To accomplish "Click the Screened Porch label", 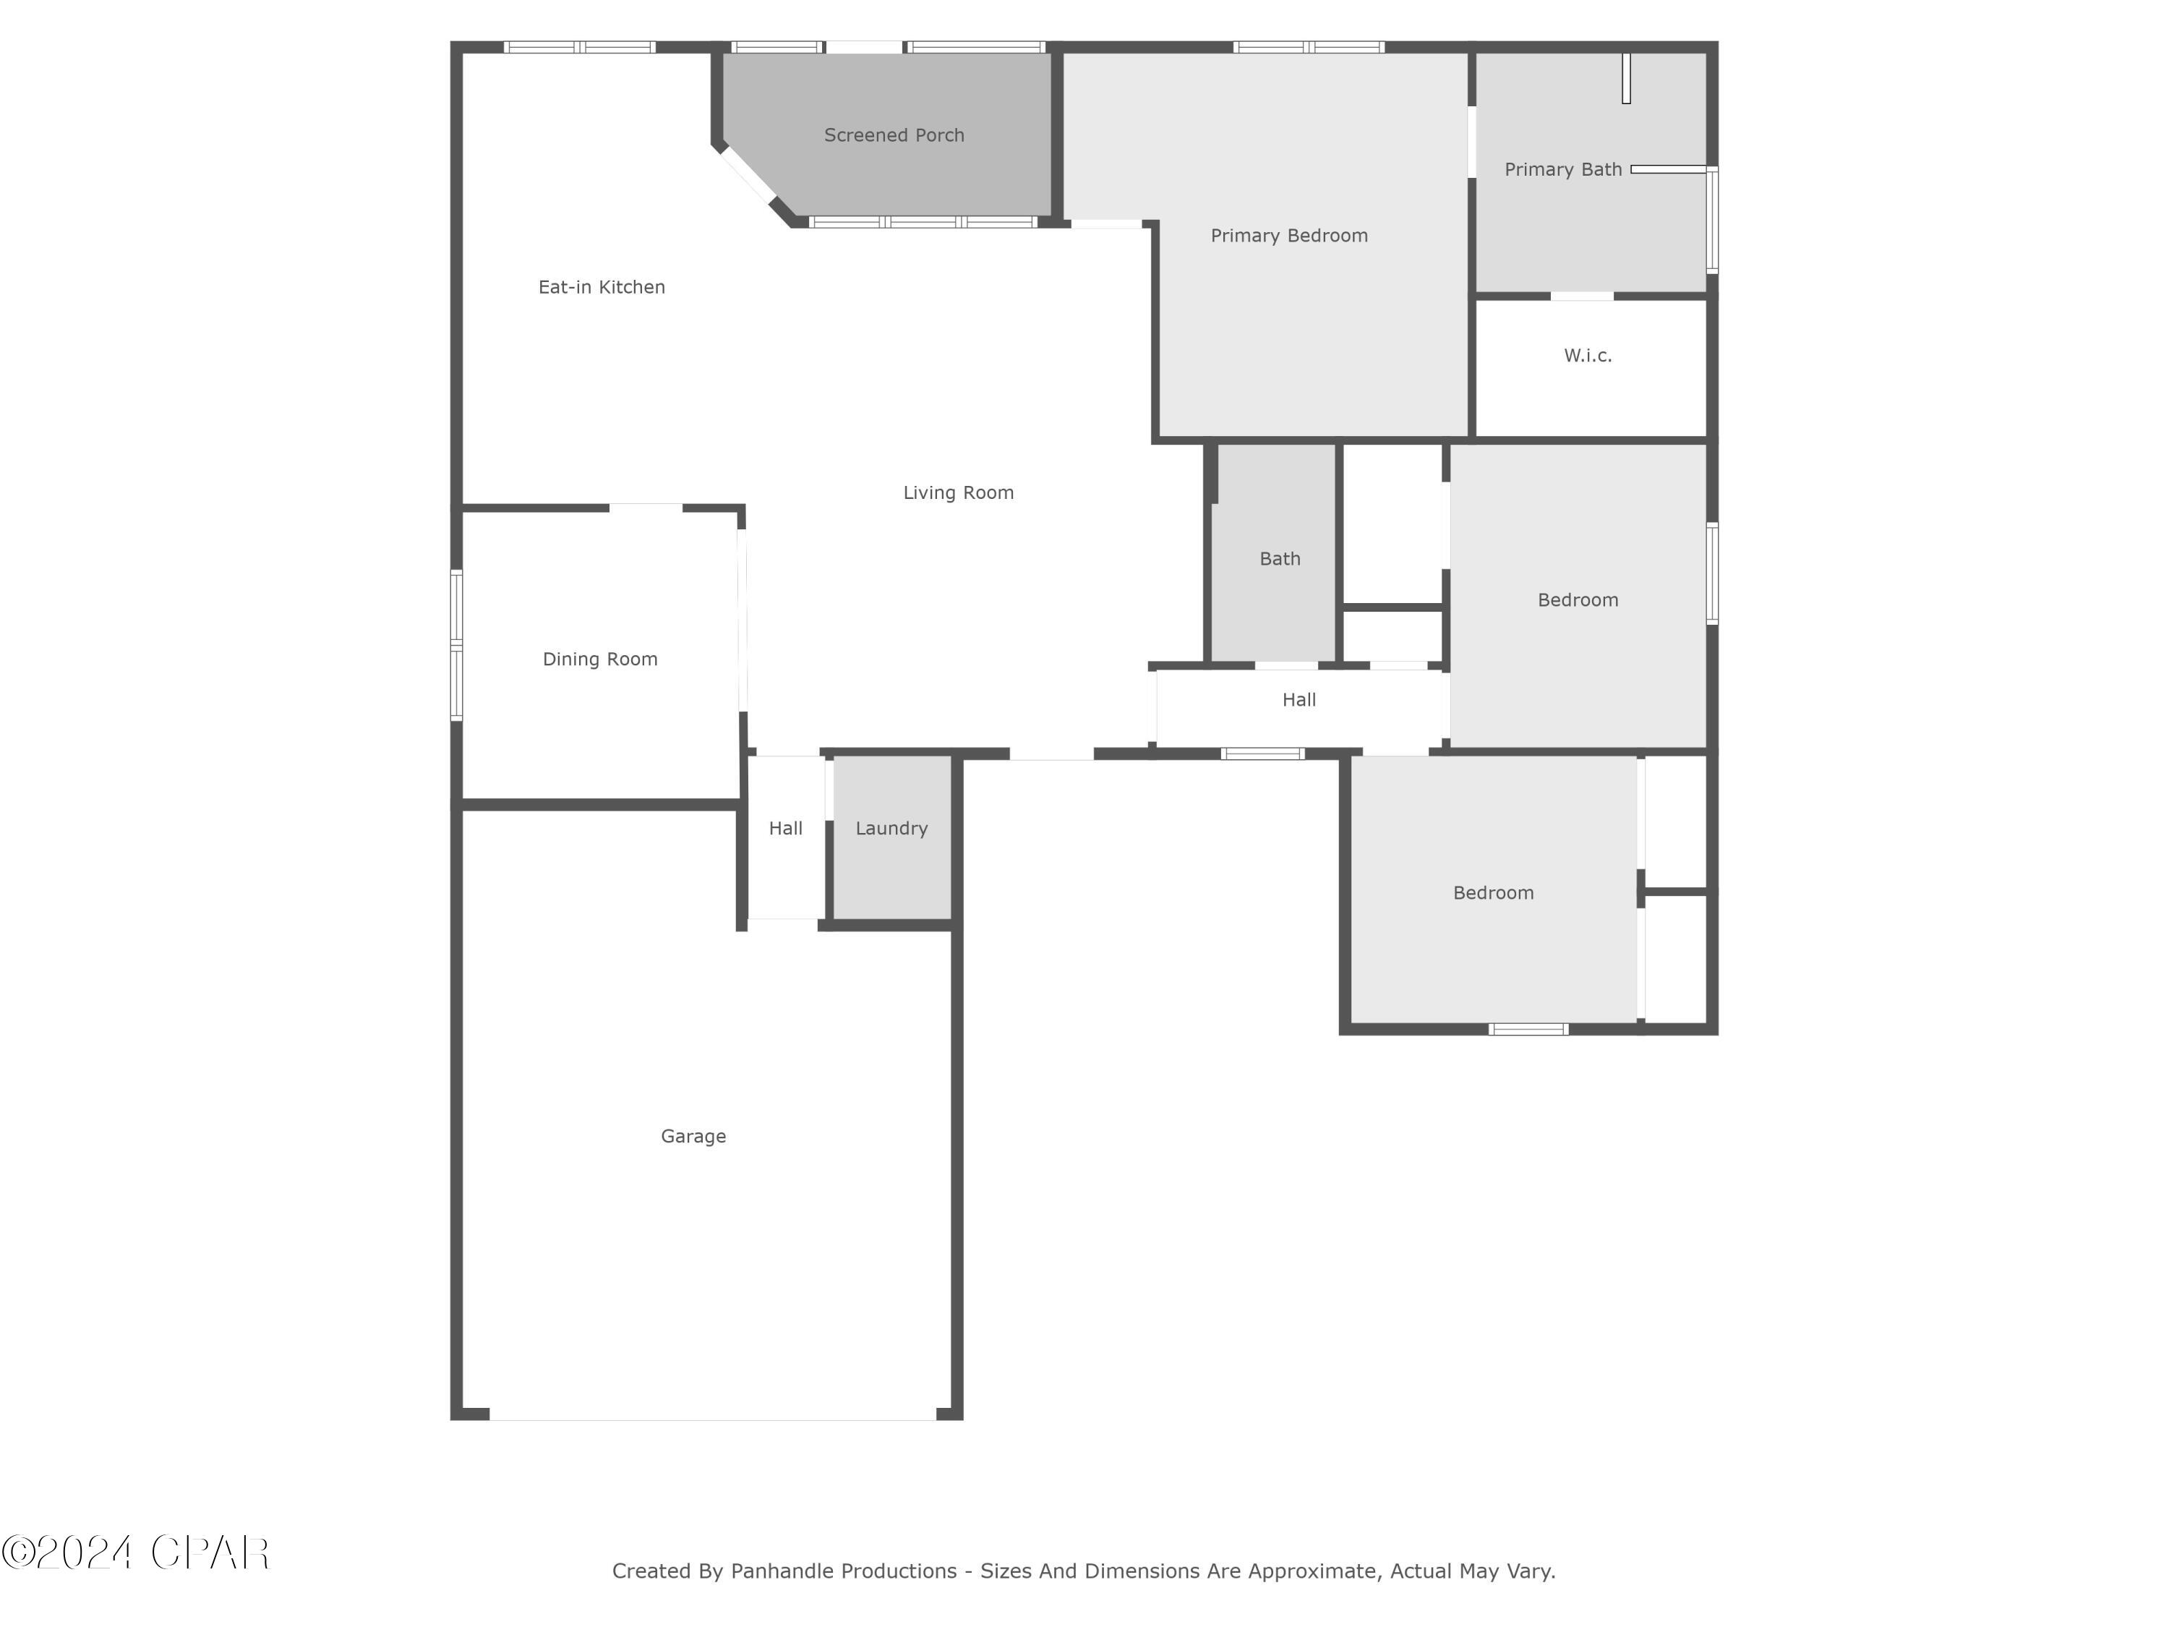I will [x=894, y=135].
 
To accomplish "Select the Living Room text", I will [x=958, y=492].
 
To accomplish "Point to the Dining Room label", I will [x=600, y=659].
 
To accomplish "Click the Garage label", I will [x=693, y=1136].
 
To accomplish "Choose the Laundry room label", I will [x=891, y=828].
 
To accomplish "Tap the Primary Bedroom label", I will [x=1288, y=235].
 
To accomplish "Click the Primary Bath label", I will [x=1563, y=170].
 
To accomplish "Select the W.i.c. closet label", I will [x=1588, y=355].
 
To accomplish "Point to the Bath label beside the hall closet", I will [x=1280, y=558].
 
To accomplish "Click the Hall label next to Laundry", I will [x=785, y=828].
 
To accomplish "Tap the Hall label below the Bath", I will [x=1299, y=699].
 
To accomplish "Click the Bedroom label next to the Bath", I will [x=1577, y=599].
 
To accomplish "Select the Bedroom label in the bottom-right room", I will [x=1492, y=892].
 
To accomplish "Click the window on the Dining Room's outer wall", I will [x=457, y=645].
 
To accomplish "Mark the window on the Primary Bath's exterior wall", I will [x=1712, y=220].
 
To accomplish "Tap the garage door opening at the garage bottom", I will [x=713, y=1417].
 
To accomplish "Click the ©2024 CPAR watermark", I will [x=135, y=1553].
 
